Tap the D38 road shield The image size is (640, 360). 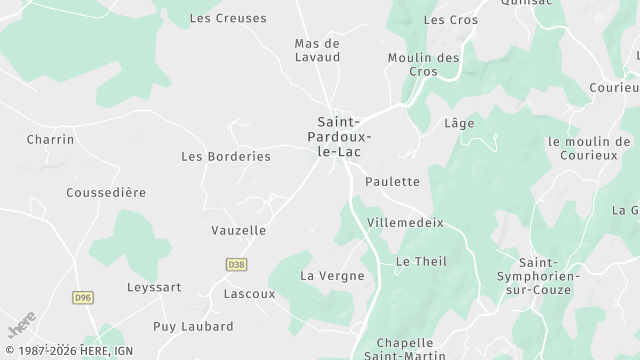[x=236, y=264]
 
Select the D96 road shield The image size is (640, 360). [x=82, y=297]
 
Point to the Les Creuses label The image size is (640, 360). [x=228, y=18]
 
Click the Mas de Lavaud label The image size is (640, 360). [x=317, y=50]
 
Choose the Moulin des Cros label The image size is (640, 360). [x=423, y=65]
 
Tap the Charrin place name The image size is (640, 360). [x=50, y=139]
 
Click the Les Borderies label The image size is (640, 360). [x=225, y=156]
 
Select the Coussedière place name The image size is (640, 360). [x=106, y=192]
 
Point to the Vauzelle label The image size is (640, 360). [x=239, y=230]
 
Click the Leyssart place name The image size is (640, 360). [x=154, y=287]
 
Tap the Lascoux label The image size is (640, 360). [x=249, y=294]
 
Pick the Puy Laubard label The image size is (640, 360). [x=193, y=326]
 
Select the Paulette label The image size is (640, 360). [x=392, y=181]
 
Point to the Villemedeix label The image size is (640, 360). [x=405, y=222]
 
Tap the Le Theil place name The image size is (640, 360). [x=421, y=261]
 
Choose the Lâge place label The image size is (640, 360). [x=458, y=123]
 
